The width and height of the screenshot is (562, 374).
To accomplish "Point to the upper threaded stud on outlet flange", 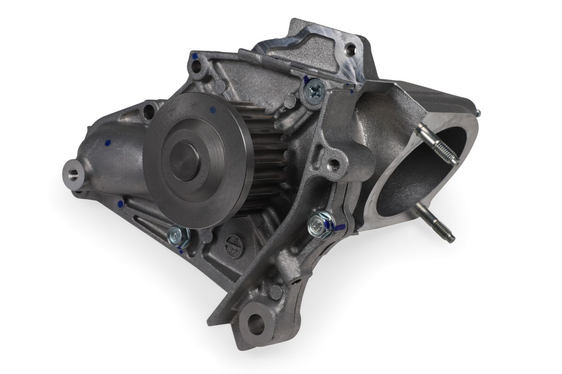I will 438,145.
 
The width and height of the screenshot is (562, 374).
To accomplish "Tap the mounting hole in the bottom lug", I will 256,322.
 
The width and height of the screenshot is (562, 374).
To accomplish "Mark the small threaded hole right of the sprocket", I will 333,164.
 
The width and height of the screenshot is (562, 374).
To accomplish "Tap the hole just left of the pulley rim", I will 149,111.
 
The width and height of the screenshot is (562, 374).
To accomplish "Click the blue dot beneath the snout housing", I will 120,203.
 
